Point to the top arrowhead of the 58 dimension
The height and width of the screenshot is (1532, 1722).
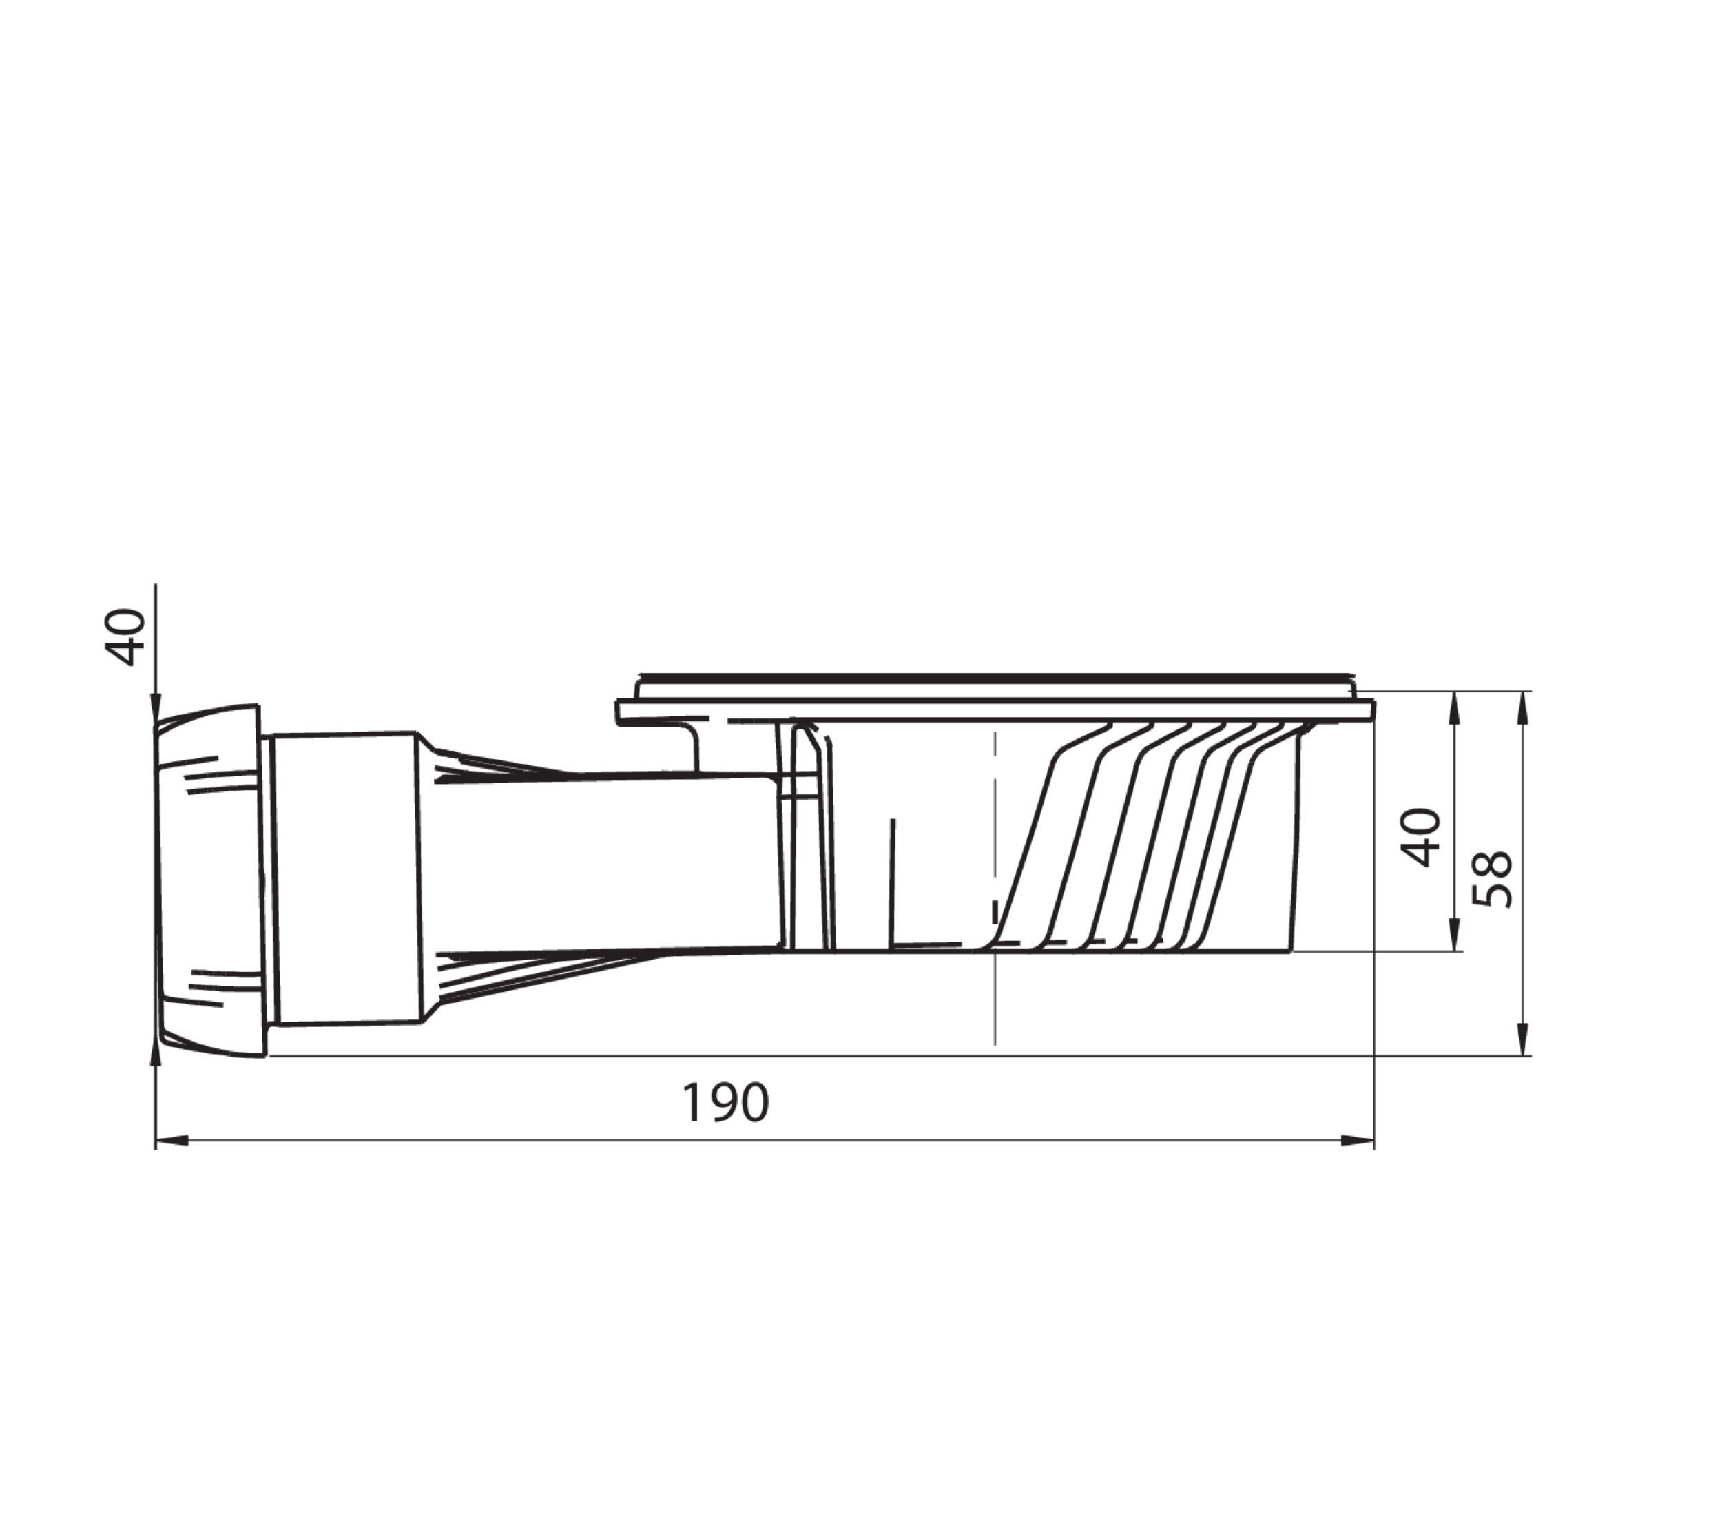coord(1522,708)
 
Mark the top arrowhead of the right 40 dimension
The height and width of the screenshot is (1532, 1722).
coord(1453,708)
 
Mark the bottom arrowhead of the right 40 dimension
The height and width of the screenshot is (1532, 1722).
coord(1453,935)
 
